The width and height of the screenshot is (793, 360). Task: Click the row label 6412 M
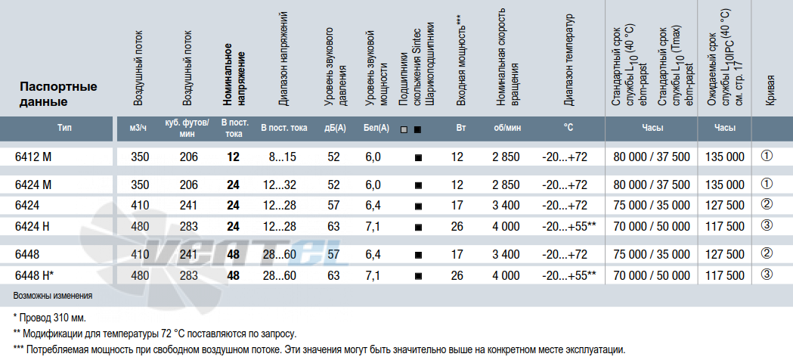tap(33, 157)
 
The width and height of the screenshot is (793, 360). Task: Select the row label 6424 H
tap(33, 226)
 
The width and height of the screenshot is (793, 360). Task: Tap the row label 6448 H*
tap(34, 275)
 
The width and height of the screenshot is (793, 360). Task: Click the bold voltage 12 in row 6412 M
tap(233, 157)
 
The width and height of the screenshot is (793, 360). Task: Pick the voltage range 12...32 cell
tap(279, 185)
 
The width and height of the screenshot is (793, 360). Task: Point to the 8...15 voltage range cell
tap(282, 157)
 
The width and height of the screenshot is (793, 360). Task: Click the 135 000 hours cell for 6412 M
tap(725, 157)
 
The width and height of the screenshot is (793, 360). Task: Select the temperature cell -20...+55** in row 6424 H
tap(568, 226)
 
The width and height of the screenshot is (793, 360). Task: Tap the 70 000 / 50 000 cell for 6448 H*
tap(652, 275)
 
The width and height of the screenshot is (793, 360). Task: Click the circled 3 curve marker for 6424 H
tap(767, 225)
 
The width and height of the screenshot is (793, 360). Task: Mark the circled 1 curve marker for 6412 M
tap(767, 157)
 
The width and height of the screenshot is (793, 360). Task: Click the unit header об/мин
tap(507, 129)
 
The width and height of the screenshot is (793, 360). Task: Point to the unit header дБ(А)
tap(335, 129)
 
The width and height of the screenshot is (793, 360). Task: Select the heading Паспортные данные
tap(58, 94)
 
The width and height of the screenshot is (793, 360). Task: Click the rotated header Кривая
tap(770, 91)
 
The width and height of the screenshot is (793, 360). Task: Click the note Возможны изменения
tap(53, 295)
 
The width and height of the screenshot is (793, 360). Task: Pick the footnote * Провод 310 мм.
tap(50, 318)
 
